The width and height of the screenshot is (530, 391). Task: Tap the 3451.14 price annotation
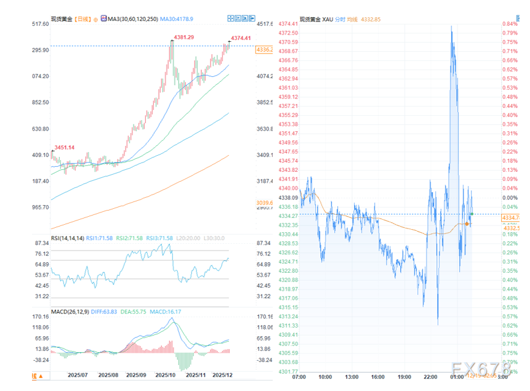[x=64, y=147]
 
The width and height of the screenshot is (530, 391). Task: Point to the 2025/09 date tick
[x=137, y=374]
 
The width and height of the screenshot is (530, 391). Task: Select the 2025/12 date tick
[x=222, y=374]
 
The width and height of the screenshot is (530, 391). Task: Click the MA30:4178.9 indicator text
[x=177, y=19]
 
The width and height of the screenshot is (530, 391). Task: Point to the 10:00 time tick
[x=325, y=377]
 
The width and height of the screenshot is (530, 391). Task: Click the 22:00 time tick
[x=431, y=377]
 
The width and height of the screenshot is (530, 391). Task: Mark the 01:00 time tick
[x=457, y=377]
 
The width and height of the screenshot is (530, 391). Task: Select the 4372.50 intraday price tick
[x=288, y=33]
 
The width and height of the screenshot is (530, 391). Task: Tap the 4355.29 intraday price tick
[x=288, y=115]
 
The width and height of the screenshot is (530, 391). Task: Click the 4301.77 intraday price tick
[x=288, y=371]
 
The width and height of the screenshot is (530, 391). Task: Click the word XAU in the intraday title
[x=328, y=19]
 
